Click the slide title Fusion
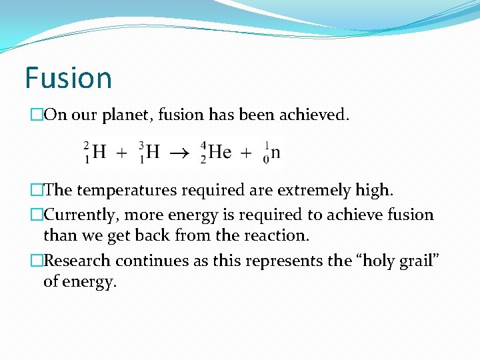(x=68, y=78)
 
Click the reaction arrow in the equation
(x=178, y=153)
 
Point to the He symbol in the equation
(x=219, y=152)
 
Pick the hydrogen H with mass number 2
(x=99, y=152)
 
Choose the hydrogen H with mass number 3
(x=153, y=152)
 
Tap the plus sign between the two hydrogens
(x=122, y=153)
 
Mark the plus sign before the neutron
(x=246, y=153)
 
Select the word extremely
(x=318, y=191)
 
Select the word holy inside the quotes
(x=367, y=260)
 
